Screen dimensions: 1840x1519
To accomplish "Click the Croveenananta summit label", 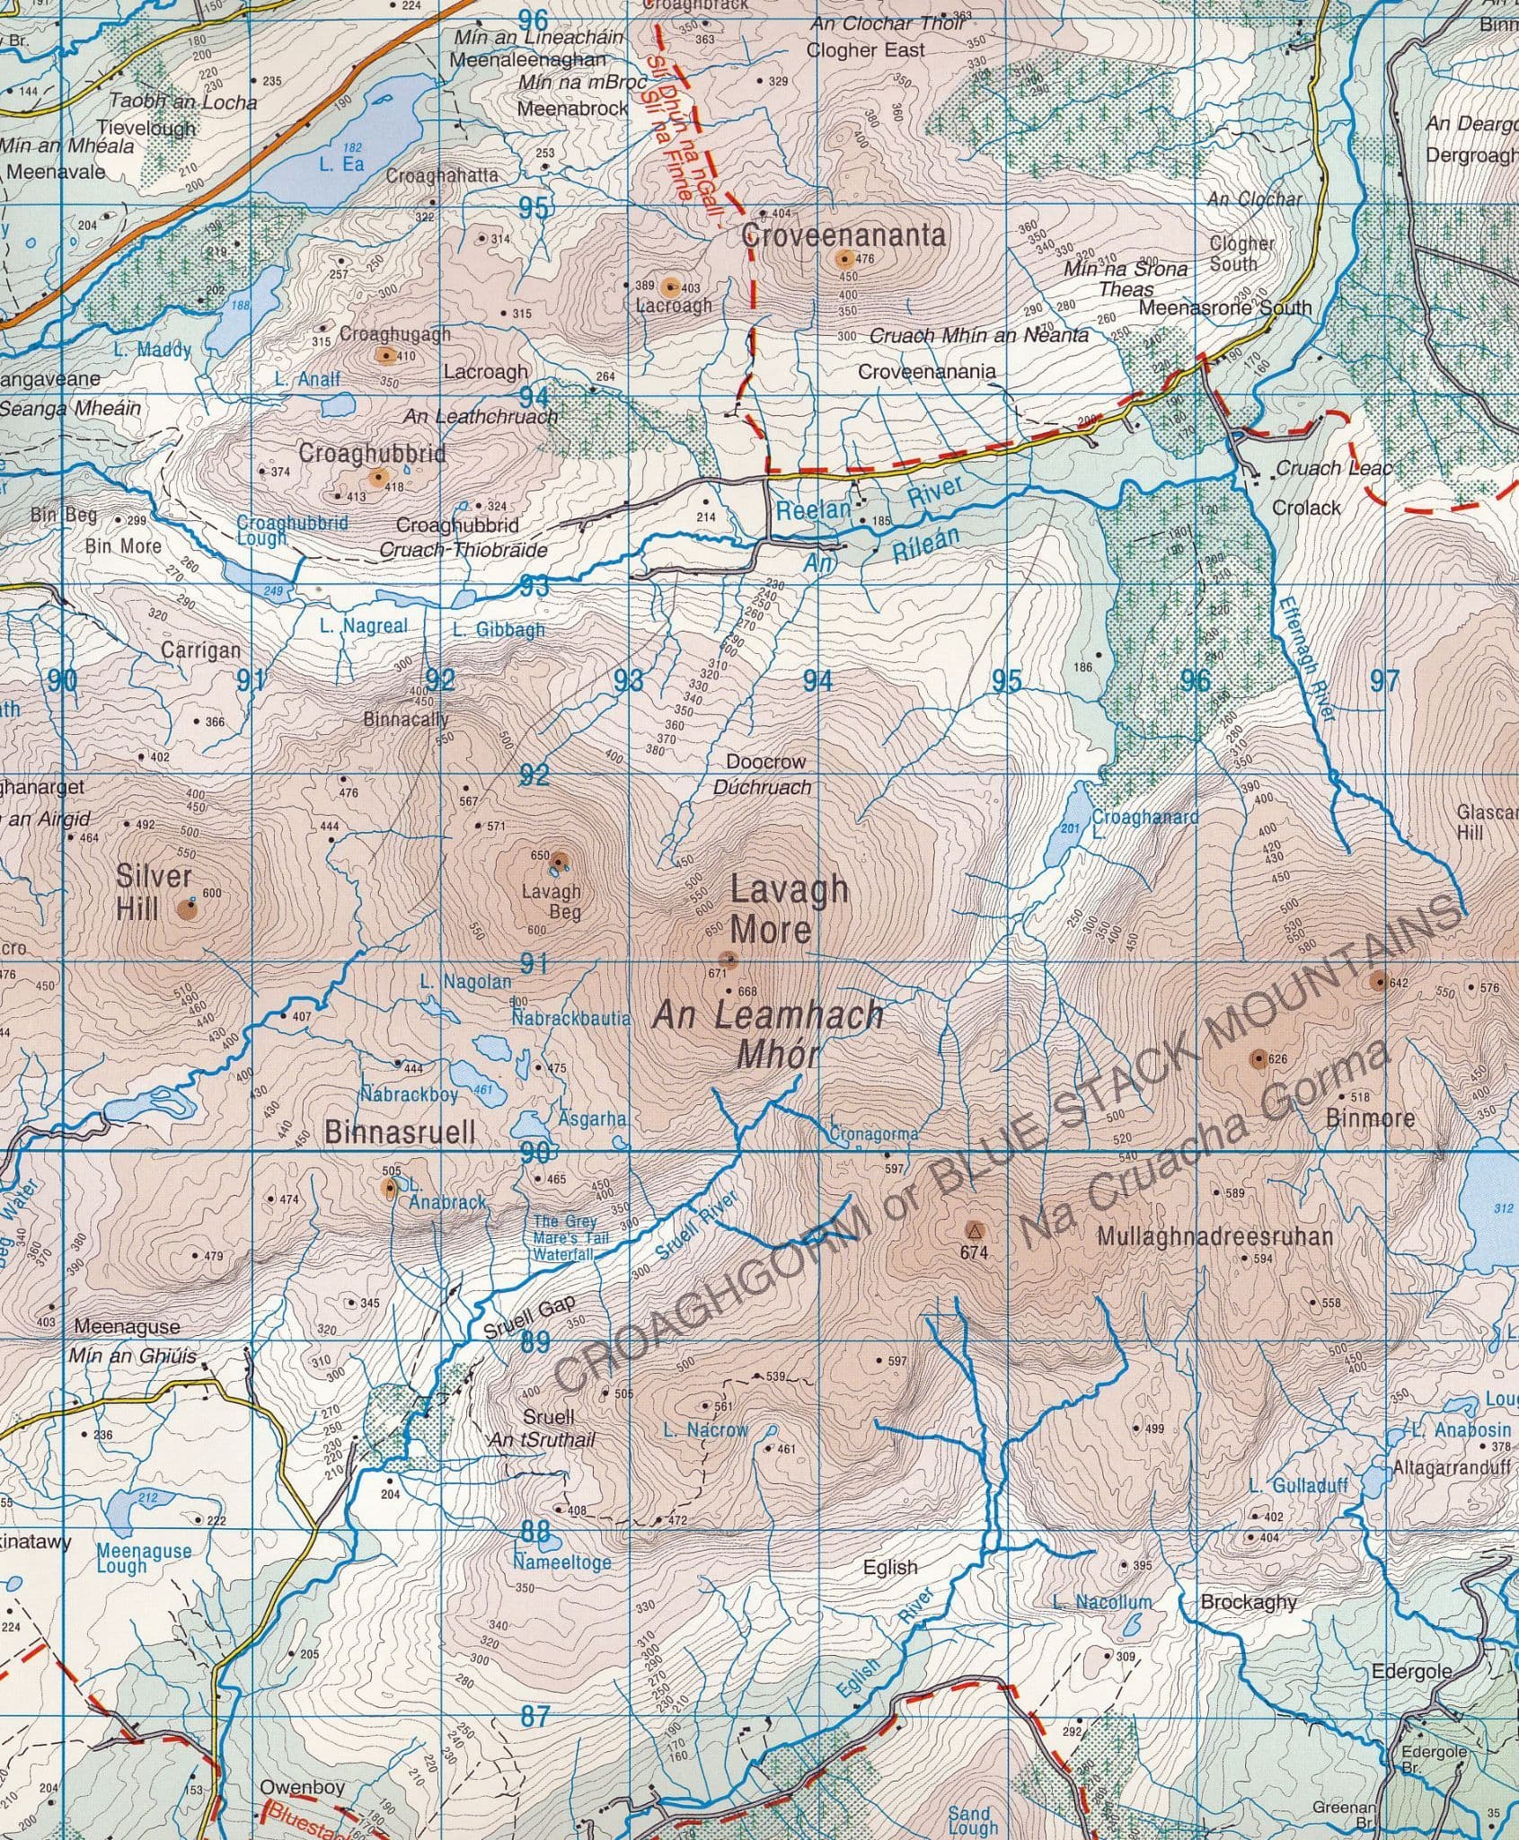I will pyautogui.click(x=844, y=235).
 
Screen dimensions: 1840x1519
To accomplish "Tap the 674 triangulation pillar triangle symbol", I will pyautogui.click(x=974, y=1228).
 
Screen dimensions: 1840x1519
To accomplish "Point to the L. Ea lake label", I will pyautogui.click(x=342, y=164).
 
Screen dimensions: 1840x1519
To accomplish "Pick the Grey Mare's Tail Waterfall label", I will pyautogui.click(x=570, y=1237).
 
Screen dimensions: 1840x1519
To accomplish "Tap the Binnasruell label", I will pyautogui.click(x=400, y=1132).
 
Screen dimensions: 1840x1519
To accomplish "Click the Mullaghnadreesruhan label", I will pyautogui.click(x=1214, y=1237).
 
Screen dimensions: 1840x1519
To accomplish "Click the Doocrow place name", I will pyautogui.click(x=766, y=762).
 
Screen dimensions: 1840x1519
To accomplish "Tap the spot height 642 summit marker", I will pyautogui.click(x=1379, y=981).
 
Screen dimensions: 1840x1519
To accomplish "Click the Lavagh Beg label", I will pyautogui.click(x=552, y=901).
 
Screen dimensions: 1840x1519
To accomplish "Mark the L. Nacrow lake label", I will pyautogui.click(x=705, y=1429).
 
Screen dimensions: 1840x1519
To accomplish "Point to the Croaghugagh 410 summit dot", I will pyautogui.click(x=386, y=356).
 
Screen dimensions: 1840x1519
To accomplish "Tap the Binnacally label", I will pyautogui.click(x=406, y=720).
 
